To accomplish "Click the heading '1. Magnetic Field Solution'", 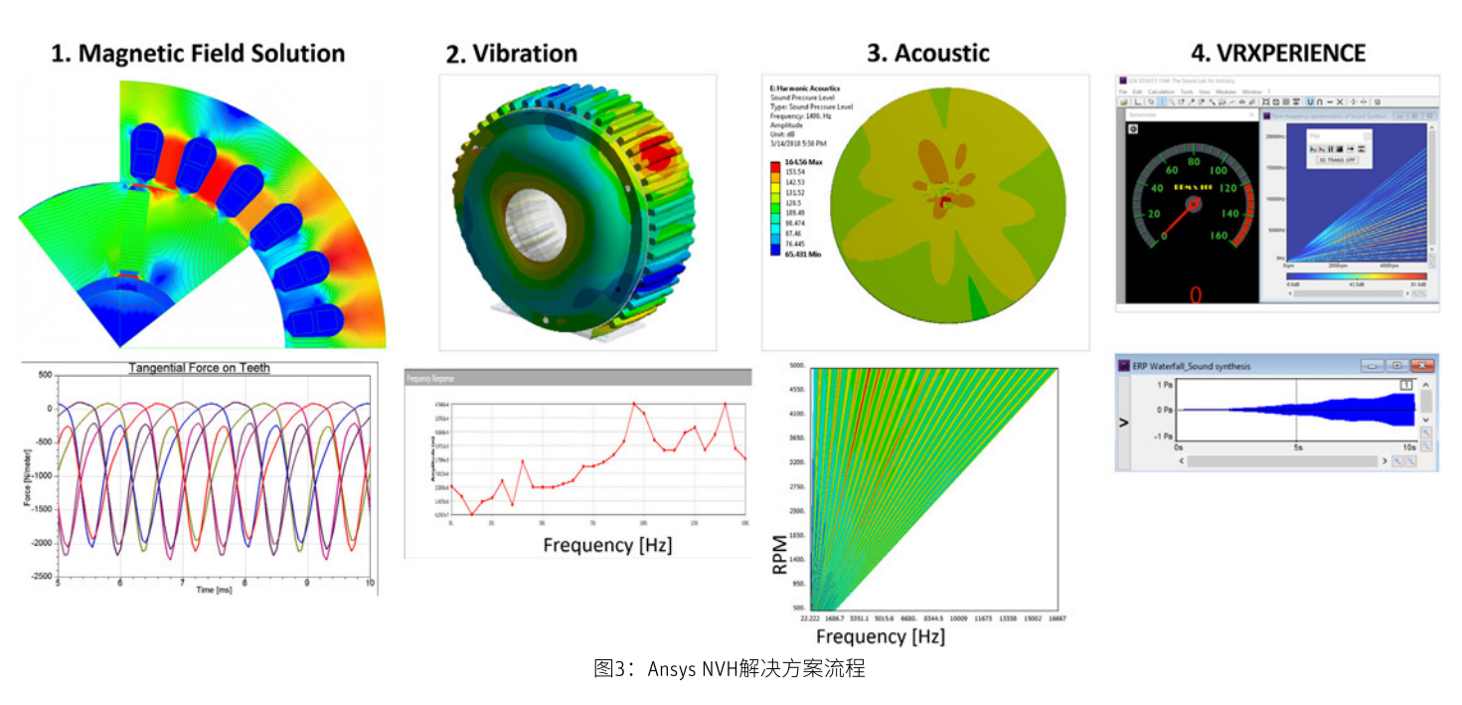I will pos(198,54).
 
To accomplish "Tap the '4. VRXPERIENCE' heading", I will pos(1278,53).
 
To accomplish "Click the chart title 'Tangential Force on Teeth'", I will pos(199,368).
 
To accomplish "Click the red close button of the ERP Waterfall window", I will pos(1422,366).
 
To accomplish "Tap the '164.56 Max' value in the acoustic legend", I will pos(802,160).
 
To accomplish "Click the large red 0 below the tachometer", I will pos(1195,294).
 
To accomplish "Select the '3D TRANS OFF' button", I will pos(1337,160).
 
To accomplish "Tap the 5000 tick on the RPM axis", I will pos(795,366).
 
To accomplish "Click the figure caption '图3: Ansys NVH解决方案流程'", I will pos(730,668).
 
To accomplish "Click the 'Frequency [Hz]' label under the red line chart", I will pos(607,545).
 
